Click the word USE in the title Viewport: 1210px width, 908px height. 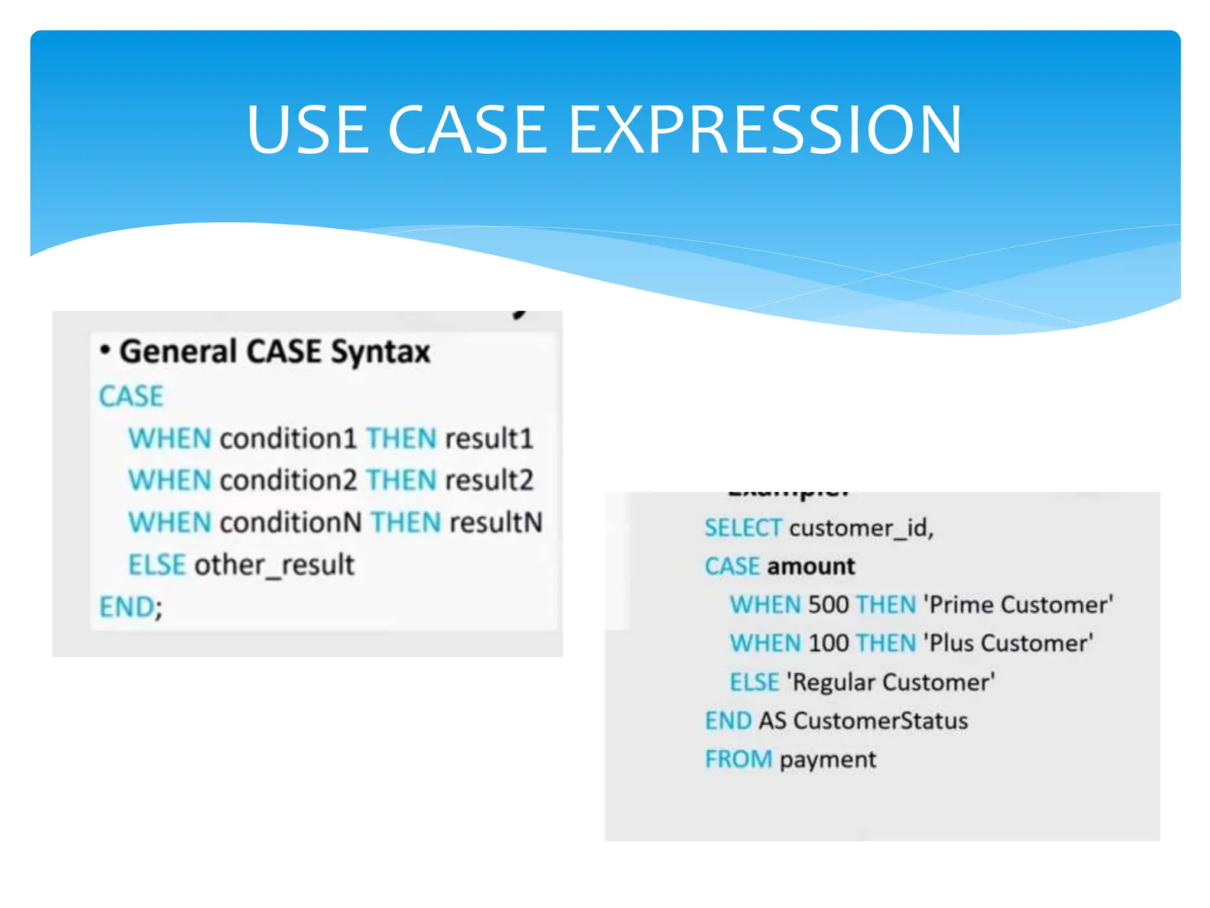308,129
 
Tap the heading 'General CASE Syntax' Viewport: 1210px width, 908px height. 274,352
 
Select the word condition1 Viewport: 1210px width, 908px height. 288,439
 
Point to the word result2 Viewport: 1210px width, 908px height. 489,480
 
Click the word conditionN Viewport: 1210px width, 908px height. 290,523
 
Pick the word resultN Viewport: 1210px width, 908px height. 496,523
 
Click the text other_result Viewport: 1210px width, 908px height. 275,565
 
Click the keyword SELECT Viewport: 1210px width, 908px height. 743,528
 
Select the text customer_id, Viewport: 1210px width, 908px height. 861,528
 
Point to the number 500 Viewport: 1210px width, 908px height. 828,605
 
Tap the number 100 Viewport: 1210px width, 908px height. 828,643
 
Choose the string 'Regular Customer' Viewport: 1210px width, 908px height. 890,682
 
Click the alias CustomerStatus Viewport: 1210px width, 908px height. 880,721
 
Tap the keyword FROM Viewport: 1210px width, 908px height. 739,760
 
